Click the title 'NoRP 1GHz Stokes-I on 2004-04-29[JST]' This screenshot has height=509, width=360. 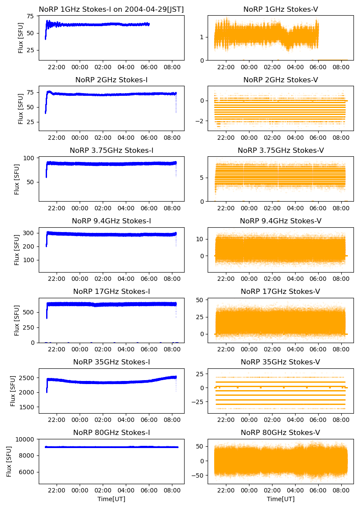[111, 9]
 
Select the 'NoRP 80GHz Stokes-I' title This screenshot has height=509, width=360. [111, 432]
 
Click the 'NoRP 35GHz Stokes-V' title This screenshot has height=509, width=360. [280, 362]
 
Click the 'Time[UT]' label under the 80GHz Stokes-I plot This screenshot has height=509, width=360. [111, 499]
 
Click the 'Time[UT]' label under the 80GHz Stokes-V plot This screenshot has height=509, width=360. [280, 499]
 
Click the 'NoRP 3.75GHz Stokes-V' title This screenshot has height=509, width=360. [280, 150]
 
